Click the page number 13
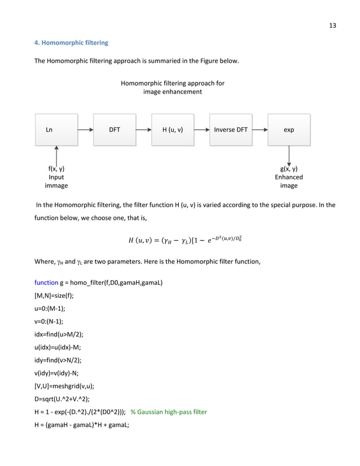click(333, 25)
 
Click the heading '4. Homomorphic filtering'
click(71, 43)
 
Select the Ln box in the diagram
click(56, 130)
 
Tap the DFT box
click(115, 130)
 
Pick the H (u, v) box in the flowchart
click(173, 130)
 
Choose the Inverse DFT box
click(231, 130)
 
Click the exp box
click(289, 130)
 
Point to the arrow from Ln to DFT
click(85, 130)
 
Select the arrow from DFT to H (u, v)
click(143, 130)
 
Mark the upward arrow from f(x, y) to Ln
click(56, 154)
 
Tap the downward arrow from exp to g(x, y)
click(289, 154)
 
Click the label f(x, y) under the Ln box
click(56, 169)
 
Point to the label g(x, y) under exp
click(289, 169)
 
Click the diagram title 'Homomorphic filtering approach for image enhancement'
click(173, 87)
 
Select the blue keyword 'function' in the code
click(47, 282)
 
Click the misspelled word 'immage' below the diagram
click(56, 185)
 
